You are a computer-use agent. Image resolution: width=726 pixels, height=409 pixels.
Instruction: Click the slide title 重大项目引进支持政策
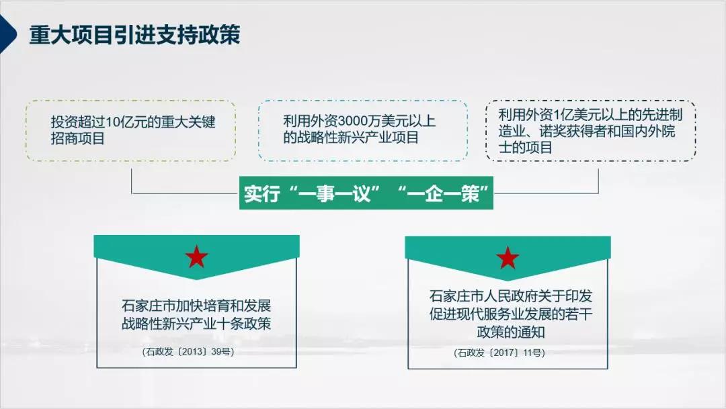[x=134, y=35]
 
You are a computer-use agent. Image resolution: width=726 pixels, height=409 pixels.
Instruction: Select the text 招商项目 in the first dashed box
[x=78, y=138]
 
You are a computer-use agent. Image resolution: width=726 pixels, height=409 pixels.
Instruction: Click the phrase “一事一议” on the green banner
[x=334, y=193]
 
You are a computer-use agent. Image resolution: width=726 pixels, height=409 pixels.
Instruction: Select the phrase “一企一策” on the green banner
[x=443, y=193]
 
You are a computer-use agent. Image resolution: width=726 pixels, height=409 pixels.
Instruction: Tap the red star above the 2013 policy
[x=196, y=257]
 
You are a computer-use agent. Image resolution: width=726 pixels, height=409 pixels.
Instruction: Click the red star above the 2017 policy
[x=508, y=258]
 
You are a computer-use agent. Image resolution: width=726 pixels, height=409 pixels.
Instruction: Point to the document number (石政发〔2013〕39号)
[x=188, y=352]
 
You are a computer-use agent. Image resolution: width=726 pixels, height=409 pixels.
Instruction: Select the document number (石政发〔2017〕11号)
[x=499, y=353]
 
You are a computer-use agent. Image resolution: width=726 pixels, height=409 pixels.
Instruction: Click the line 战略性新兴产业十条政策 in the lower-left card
[x=196, y=324]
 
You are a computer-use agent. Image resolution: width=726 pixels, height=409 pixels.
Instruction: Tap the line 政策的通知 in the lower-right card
[x=511, y=332]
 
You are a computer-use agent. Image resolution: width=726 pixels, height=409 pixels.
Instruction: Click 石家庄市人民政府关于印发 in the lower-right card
[x=511, y=296]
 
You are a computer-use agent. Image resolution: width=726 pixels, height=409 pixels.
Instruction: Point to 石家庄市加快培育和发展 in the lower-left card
[x=196, y=306]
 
